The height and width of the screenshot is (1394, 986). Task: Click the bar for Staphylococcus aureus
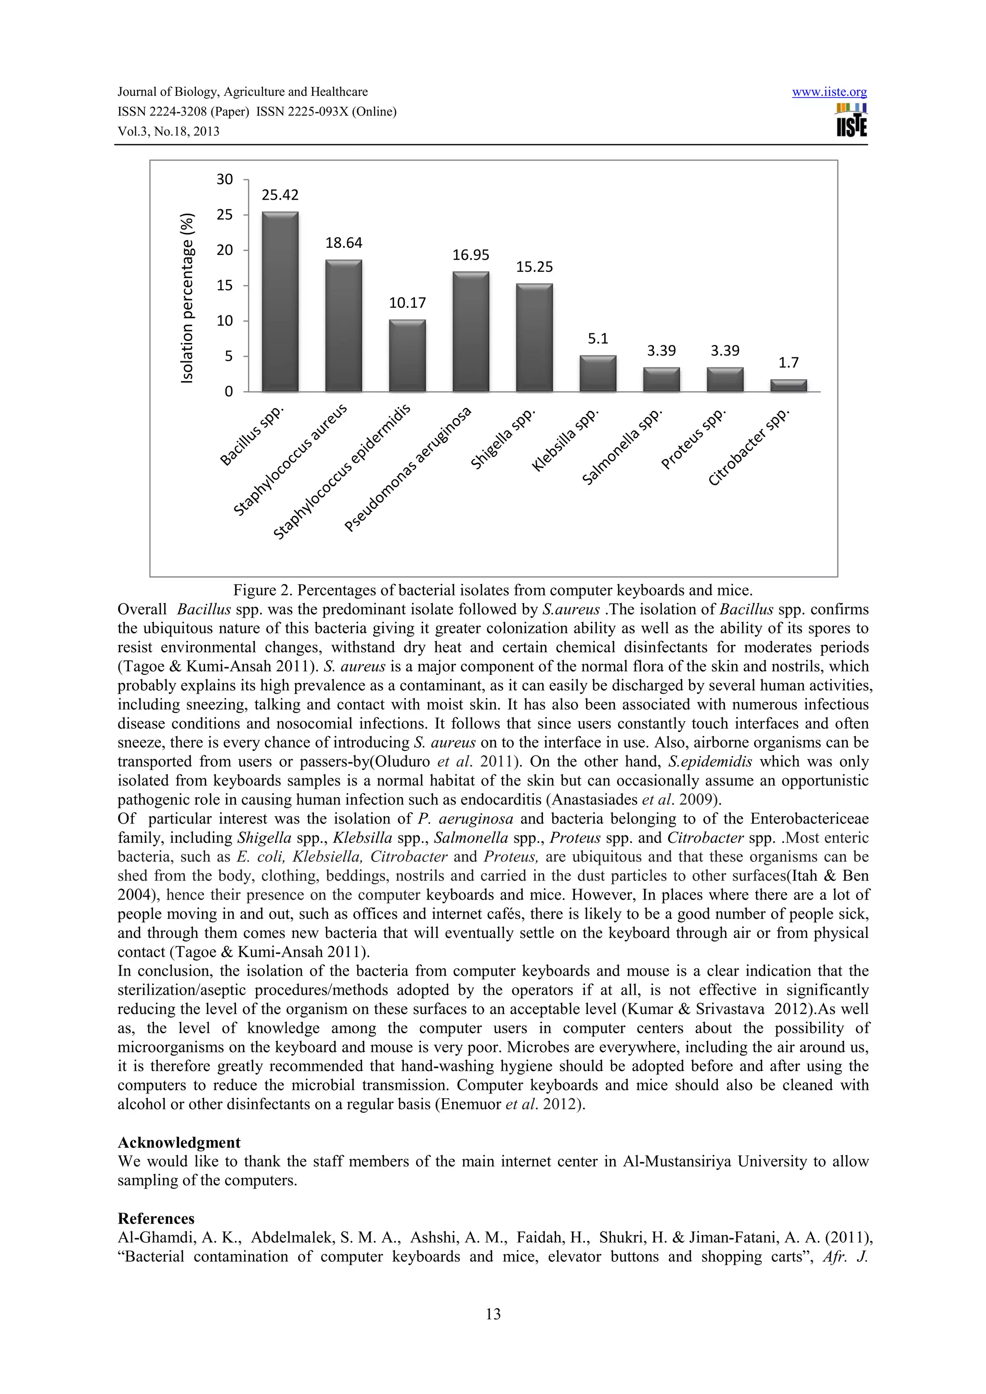point(344,326)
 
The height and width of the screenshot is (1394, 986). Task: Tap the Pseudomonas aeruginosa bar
point(471,331)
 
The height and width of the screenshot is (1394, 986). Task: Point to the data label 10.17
point(407,303)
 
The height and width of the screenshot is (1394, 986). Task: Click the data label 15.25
point(534,267)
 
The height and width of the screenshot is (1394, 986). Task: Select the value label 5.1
point(598,339)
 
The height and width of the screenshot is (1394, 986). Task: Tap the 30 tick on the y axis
point(225,179)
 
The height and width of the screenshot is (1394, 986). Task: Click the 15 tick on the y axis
point(225,285)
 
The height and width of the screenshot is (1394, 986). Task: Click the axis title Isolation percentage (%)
point(188,298)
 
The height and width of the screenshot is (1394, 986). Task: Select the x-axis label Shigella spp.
point(503,438)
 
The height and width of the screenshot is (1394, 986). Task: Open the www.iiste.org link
point(829,92)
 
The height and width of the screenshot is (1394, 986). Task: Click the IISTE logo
point(851,121)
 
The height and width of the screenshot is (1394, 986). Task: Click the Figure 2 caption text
point(493,590)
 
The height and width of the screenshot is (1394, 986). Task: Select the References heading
point(156,1218)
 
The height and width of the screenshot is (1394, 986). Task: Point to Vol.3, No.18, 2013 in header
point(169,132)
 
